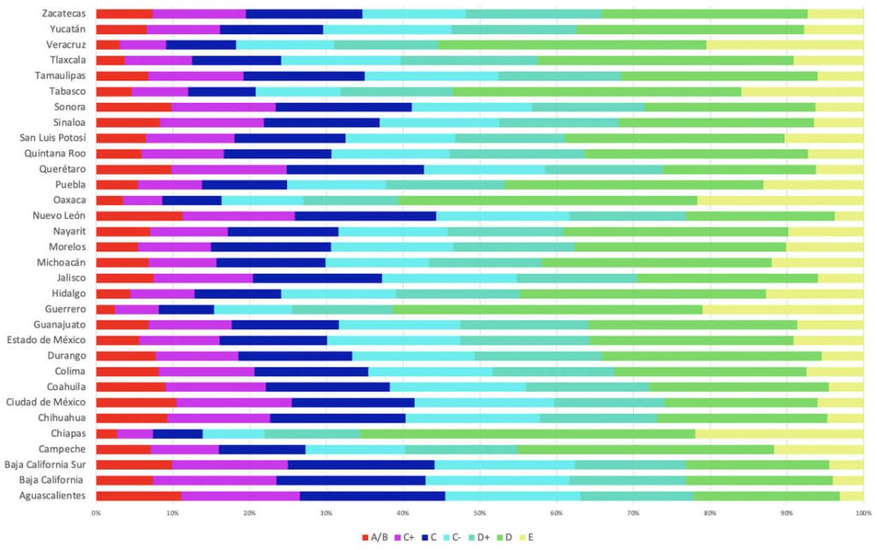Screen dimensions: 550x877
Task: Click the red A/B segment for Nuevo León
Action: [x=139, y=216]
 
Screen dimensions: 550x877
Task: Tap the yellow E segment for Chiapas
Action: [x=779, y=434]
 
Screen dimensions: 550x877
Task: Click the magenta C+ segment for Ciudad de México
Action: [x=234, y=402]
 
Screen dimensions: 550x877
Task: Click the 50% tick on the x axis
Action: [x=480, y=513]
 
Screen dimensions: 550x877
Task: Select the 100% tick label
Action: [x=862, y=513]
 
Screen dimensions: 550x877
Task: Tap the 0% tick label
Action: [x=96, y=513]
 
